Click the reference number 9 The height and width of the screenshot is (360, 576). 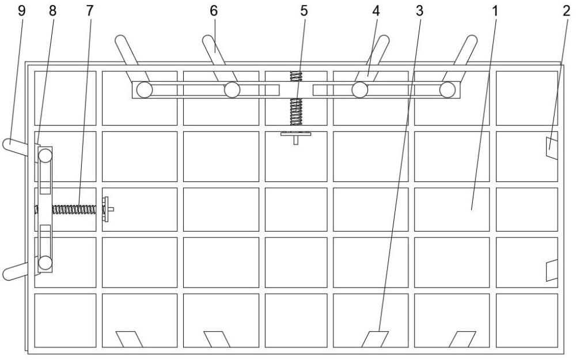click(x=22, y=11)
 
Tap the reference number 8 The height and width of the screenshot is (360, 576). click(x=52, y=11)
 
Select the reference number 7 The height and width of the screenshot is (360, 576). click(x=90, y=11)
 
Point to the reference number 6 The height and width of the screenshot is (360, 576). click(x=214, y=11)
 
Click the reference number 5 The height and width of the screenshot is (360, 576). click(x=304, y=11)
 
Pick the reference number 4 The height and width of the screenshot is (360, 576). click(x=376, y=11)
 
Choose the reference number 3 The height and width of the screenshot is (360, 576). click(x=419, y=11)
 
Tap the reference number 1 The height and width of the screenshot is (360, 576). click(x=495, y=11)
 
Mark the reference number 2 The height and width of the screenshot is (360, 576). click(x=566, y=11)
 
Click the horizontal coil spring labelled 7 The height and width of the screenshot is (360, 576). click(x=74, y=210)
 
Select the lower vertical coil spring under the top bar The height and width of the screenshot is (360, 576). click(x=296, y=112)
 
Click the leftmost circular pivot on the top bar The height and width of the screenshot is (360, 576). click(x=145, y=90)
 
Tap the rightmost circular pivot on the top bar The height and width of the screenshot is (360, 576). click(x=448, y=90)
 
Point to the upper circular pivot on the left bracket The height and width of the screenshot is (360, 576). click(x=46, y=156)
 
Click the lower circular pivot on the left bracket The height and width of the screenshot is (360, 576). click(x=45, y=262)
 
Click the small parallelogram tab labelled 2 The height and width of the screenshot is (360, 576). click(x=552, y=149)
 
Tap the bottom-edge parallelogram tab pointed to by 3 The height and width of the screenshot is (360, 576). click(x=375, y=339)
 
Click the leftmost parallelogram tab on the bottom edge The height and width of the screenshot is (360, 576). click(x=129, y=339)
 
